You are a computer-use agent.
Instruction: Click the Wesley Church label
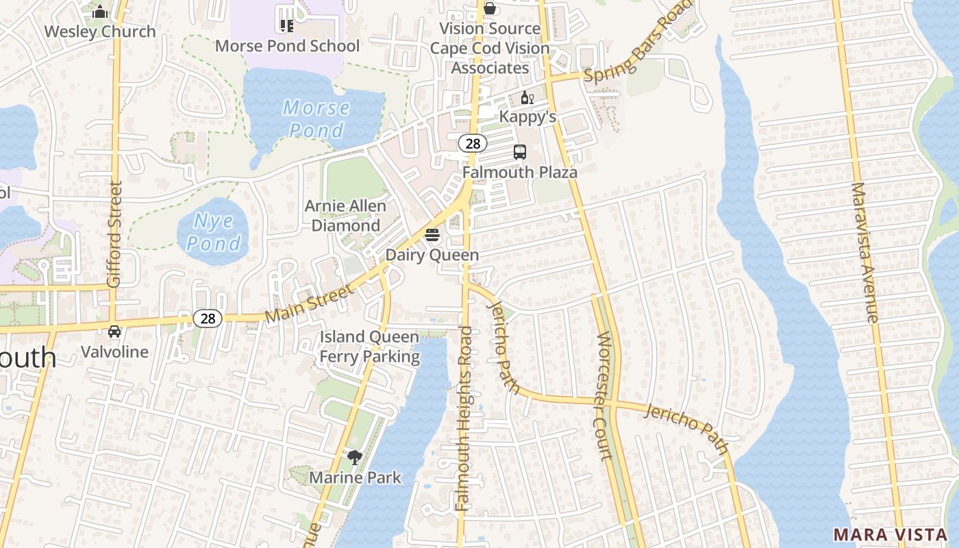click(100, 32)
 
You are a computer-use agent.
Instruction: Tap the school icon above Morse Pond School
click(286, 26)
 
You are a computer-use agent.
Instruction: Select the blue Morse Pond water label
click(316, 119)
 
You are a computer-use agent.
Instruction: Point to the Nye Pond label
click(214, 232)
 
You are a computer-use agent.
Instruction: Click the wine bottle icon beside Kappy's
click(527, 98)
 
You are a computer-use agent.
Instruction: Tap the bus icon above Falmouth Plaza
click(520, 152)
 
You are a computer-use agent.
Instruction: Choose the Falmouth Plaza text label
click(520, 172)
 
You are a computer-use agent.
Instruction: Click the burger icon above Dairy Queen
click(432, 236)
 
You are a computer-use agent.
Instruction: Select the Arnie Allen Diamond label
click(346, 216)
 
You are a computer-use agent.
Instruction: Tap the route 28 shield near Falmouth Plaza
click(472, 143)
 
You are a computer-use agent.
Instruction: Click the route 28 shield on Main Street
click(208, 318)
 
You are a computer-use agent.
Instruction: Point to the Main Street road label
click(310, 303)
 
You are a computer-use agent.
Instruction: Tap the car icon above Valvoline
click(114, 332)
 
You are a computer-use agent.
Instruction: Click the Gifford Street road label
click(114, 234)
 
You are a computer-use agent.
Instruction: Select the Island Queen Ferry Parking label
click(370, 347)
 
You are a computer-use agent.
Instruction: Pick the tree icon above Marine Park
click(354, 457)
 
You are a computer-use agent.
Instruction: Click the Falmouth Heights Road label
click(464, 418)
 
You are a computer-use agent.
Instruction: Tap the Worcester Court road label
click(603, 396)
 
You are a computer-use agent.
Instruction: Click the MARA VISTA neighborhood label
click(891, 534)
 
